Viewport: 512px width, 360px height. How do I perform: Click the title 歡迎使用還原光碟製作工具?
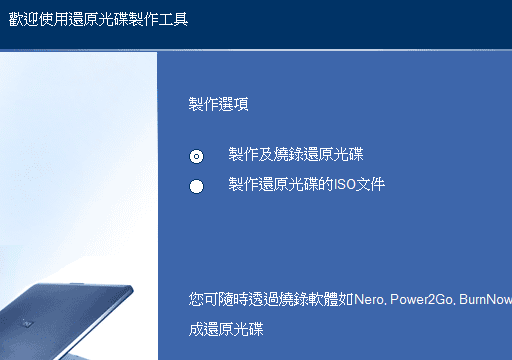97,19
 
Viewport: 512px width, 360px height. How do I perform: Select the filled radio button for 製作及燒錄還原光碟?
197,156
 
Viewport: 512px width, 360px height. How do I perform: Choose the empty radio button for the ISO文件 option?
197,186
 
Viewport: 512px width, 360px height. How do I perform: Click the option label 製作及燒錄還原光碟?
296,154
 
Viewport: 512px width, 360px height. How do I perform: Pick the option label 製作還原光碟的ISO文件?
306,184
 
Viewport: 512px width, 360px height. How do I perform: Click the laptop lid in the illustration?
70,320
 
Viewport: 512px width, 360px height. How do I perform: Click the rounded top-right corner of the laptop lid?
127,291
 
